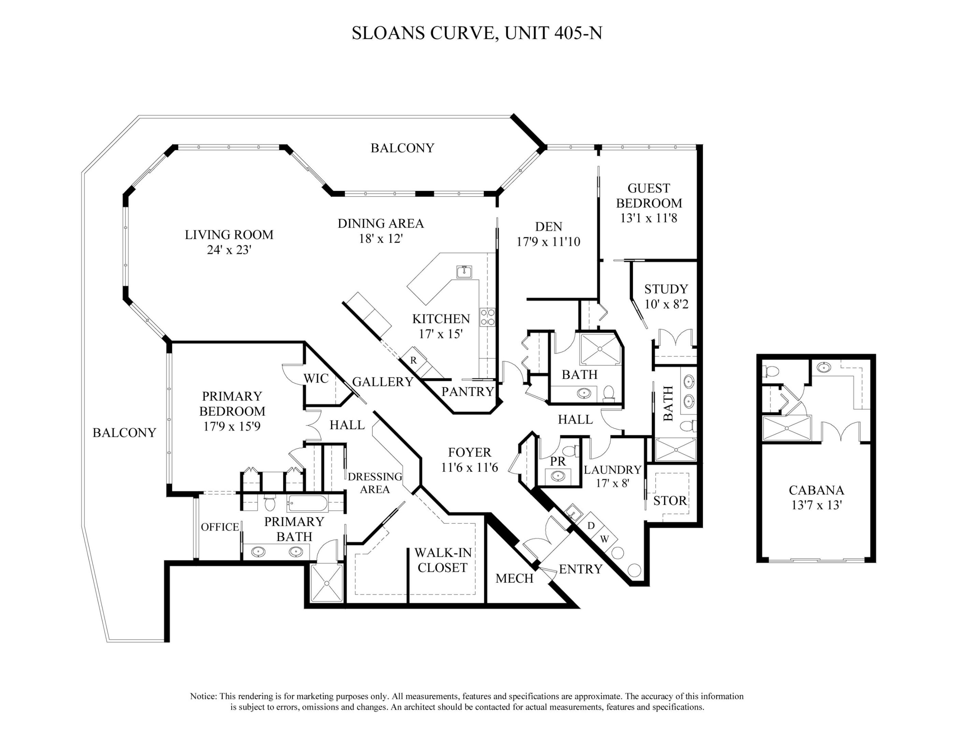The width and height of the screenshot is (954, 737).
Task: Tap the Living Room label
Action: pyautogui.click(x=229, y=235)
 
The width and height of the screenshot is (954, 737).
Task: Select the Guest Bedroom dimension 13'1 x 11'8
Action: pyautogui.click(x=648, y=218)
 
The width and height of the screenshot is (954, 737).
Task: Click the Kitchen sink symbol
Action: pyautogui.click(x=464, y=272)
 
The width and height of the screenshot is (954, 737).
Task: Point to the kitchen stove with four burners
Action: pyautogui.click(x=487, y=317)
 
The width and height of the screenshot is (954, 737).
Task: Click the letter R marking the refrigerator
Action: pyautogui.click(x=413, y=361)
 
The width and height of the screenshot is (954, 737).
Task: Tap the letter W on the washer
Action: pyautogui.click(x=604, y=539)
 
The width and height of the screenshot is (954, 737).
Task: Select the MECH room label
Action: pyautogui.click(x=515, y=578)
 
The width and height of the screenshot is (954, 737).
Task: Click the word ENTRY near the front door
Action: pyautogui.click(x=581, y=569)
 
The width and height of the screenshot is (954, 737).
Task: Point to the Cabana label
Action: pyautogui.click(x=816, y=490)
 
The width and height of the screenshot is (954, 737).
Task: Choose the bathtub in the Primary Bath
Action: pyautogui.click(x=308, y=504)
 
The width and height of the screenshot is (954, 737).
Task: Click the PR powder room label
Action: pyautogui.click(x=557, y=461)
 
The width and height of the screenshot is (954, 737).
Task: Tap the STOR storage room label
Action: pyautogui.click(x=670, y=501)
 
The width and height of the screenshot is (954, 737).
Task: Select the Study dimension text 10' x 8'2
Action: pyautogui.click(x=666, y=304)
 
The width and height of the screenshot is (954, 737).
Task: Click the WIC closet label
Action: pyautogui.click(x=316, y=378)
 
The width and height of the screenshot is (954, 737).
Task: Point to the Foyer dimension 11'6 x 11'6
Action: pyautogui.click(x=469, y=467)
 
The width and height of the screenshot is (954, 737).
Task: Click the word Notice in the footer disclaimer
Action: pyautogui.click(x=203, y=696)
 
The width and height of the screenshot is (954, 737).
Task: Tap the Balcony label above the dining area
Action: pyautogui.click(x=402, y=148)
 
